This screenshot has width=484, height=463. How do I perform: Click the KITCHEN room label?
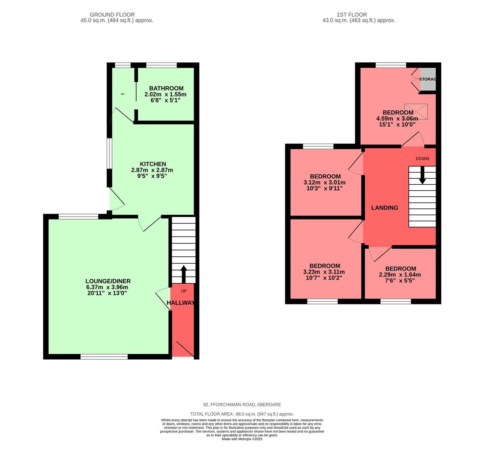click(152, 164)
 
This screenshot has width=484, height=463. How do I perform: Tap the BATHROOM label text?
click(166, 88)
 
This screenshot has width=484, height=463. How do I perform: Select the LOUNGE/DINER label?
click(108, 281)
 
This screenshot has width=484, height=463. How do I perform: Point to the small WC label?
click(122, 94)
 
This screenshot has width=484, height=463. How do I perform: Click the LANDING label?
click(384, 208)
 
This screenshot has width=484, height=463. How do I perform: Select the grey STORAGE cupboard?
click(427, 79)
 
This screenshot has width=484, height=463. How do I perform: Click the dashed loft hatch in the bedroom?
click(416, 112)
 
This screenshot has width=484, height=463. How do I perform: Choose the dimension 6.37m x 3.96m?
click(107, 287)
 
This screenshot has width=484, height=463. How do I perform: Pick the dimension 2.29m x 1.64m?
click(400, 275)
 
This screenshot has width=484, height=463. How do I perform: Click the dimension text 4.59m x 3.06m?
click(397, 119)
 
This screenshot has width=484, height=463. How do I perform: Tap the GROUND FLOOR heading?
click(112, 15)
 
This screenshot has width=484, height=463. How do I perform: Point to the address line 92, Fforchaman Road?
click(242, 404)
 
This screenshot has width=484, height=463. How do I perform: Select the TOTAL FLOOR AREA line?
click(242, 414)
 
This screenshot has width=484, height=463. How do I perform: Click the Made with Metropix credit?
click(242, 439)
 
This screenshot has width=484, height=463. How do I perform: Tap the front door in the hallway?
click(182, 349)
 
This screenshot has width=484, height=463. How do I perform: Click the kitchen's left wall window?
click(110, 153)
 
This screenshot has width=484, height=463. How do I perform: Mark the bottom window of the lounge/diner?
click(104, 357)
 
